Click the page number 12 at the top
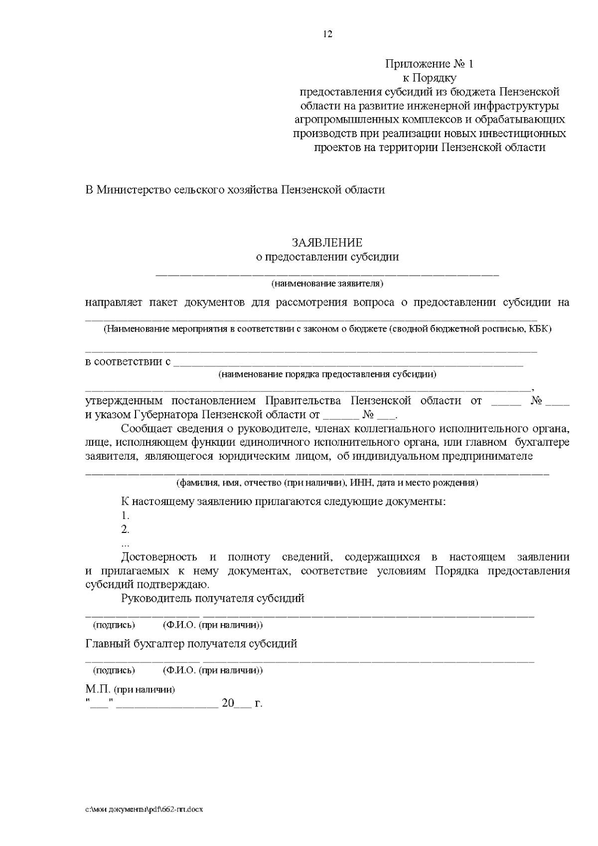327,34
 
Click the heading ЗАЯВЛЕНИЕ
327,243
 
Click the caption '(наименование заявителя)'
327,284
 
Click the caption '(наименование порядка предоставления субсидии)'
327,374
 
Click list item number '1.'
125,515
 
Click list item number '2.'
125,529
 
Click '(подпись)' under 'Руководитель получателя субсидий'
114,625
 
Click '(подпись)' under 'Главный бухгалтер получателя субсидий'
114,670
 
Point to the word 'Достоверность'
159,557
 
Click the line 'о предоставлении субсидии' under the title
327,257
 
